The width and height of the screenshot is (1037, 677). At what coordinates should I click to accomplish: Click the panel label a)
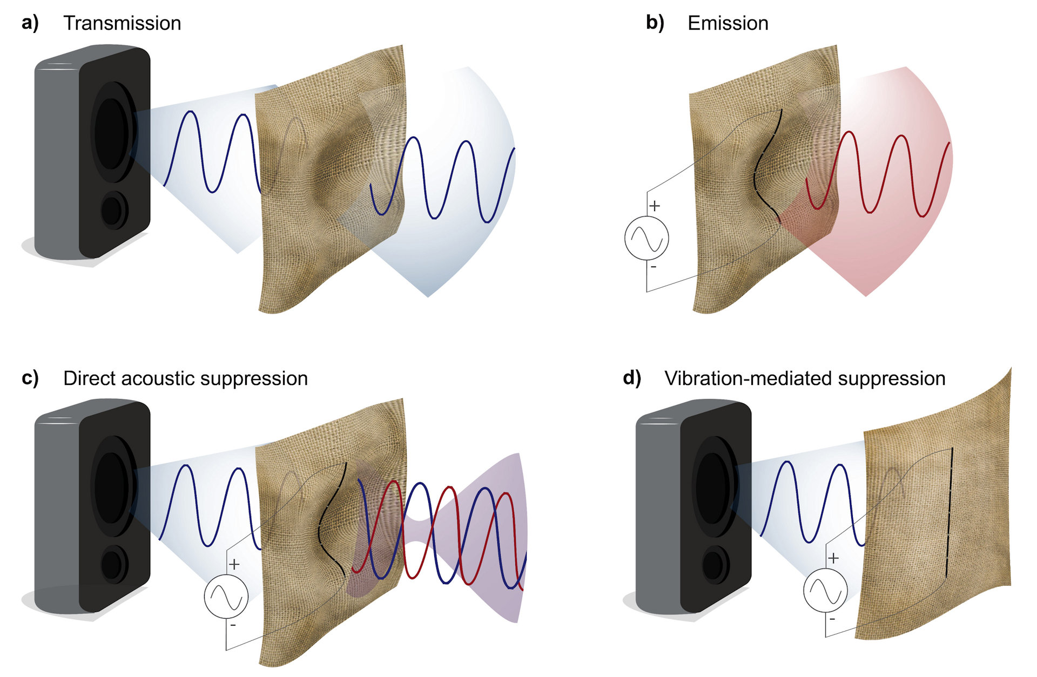(30, 23)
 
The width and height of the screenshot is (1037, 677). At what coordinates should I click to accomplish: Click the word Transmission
(122, 23)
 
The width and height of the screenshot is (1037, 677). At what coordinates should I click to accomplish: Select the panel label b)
(655, 23)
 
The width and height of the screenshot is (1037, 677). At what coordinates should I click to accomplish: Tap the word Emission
(728, 23)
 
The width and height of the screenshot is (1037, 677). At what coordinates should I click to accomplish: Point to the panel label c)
(30, 378)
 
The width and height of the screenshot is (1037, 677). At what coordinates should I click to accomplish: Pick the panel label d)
(632, 378)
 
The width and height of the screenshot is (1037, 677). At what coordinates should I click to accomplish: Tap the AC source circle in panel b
(647, 238)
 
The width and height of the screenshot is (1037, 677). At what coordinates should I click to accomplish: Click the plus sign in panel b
(655, 206)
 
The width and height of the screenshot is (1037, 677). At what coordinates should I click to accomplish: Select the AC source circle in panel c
(226, 597)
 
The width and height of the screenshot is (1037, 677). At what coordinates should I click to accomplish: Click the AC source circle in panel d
(825, 590)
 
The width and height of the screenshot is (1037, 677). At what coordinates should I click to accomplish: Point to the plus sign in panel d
(833, 558)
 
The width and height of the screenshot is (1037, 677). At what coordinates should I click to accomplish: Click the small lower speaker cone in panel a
(112, 211)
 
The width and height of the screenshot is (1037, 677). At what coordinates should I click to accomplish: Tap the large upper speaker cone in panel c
(111, 488)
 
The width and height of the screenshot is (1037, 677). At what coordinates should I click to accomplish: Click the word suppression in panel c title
(265, 378)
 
